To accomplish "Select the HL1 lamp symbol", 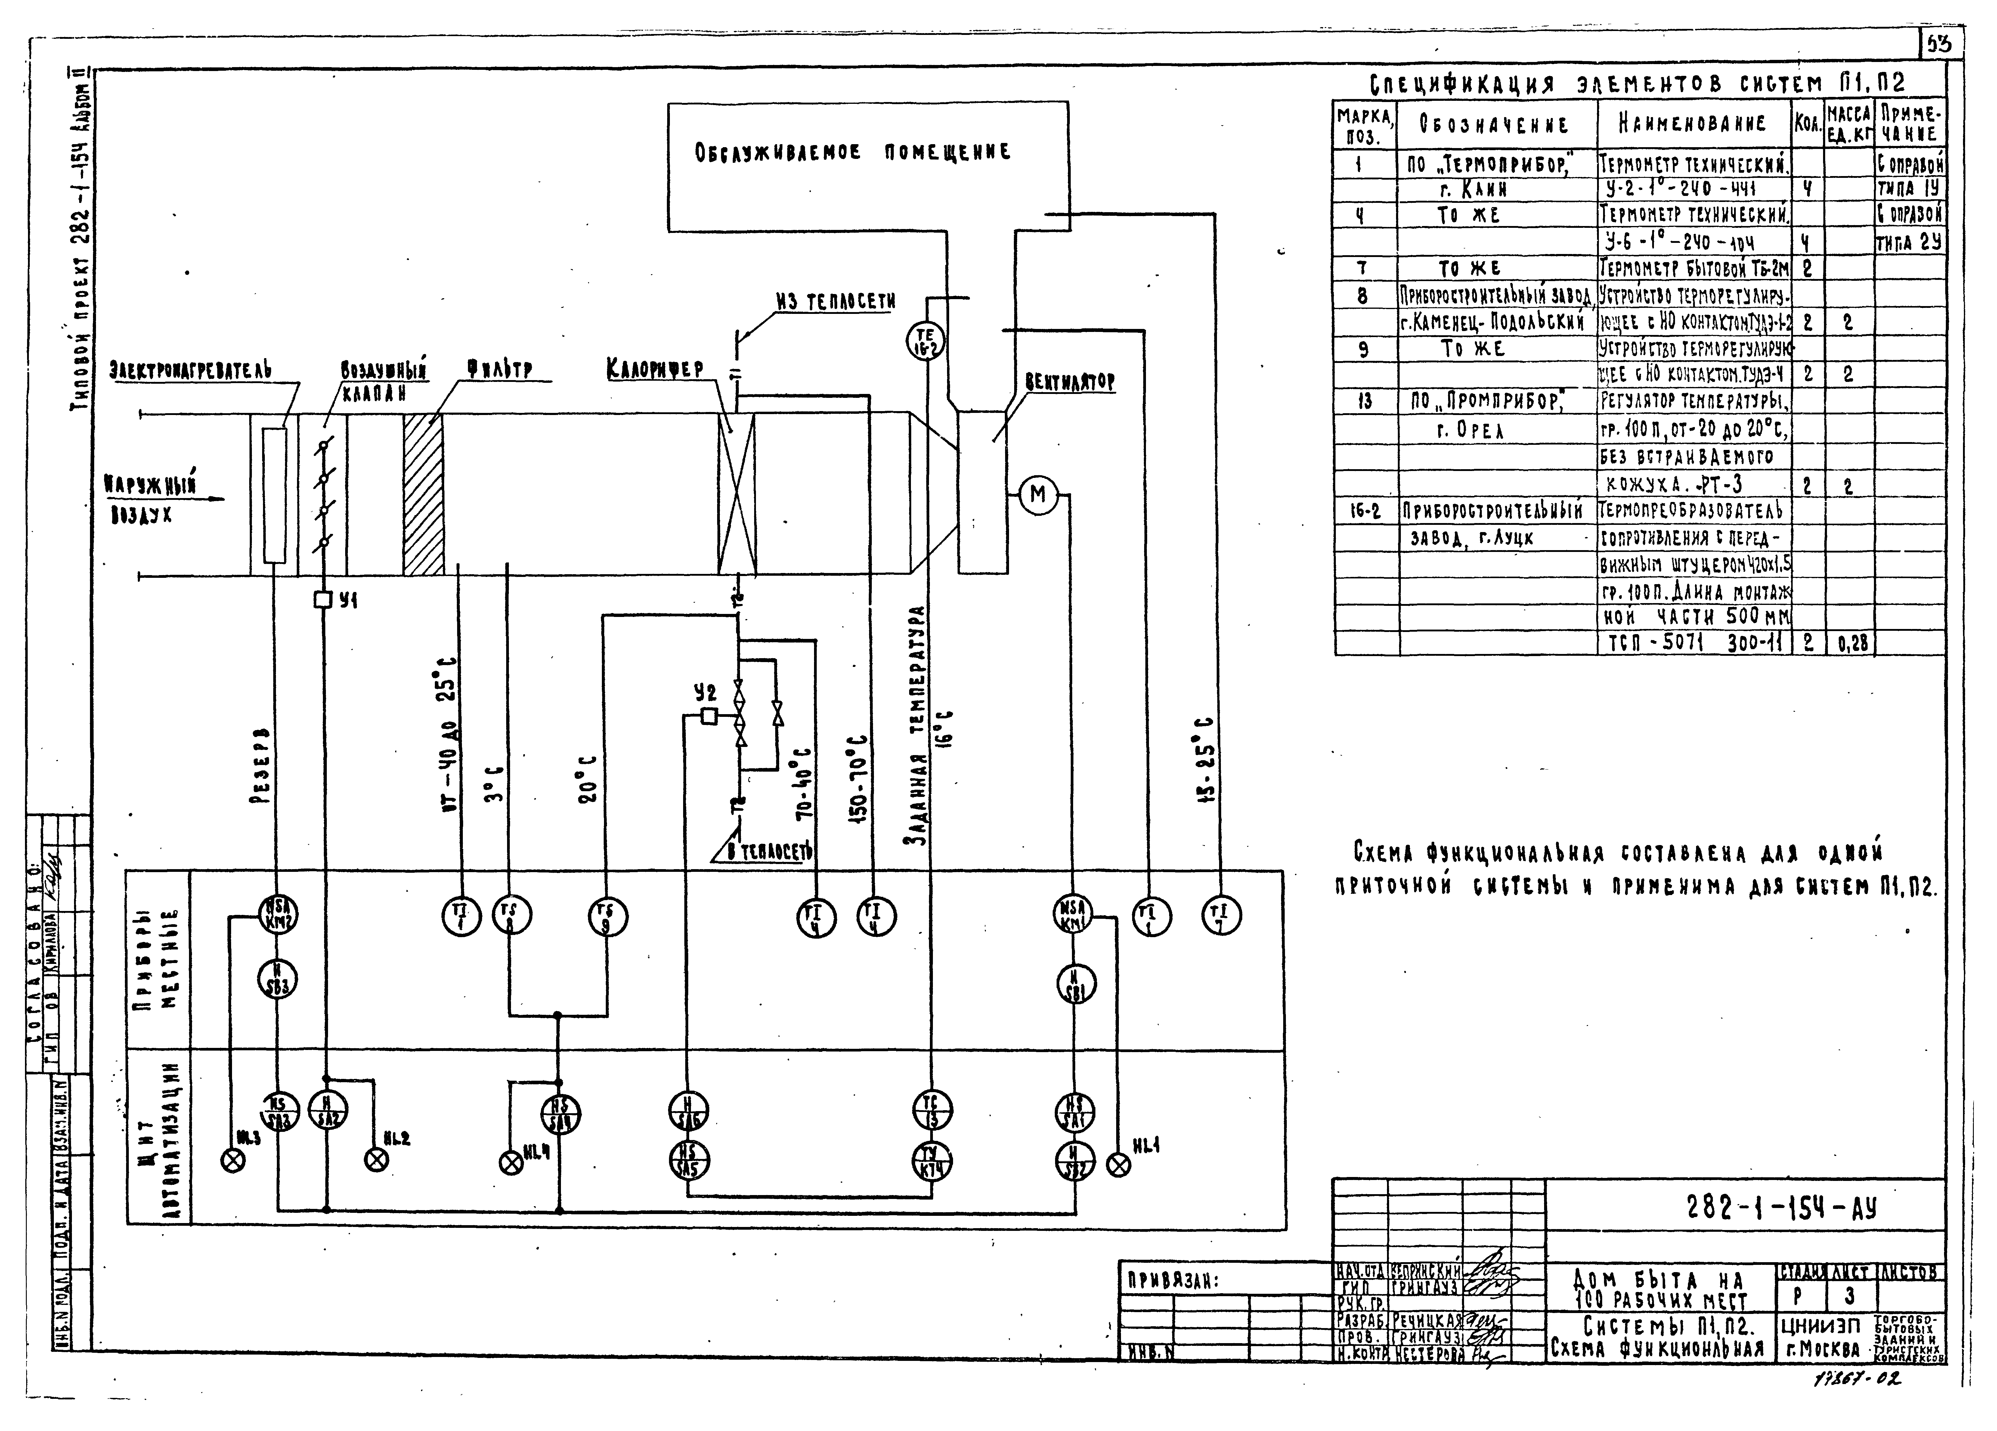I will pyautogui.click(x=1118, y=1166).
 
